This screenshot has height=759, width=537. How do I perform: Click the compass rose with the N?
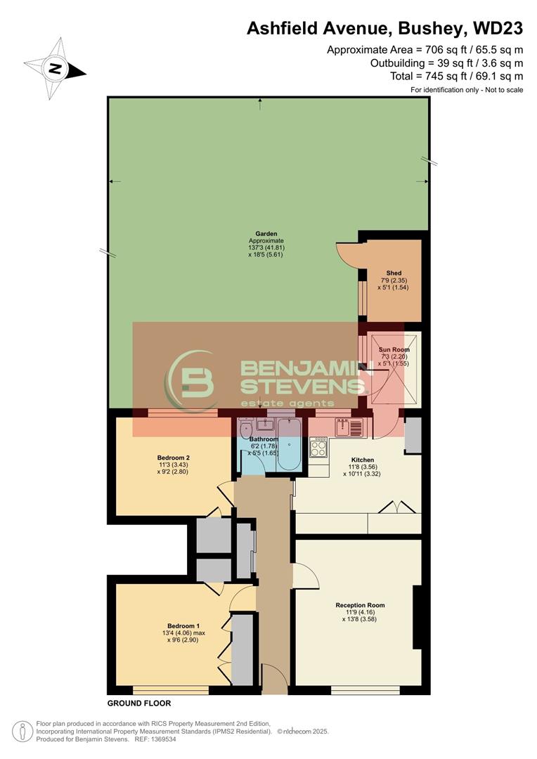(x=54, y=69)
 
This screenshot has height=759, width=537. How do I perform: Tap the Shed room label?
(x=394, y=273)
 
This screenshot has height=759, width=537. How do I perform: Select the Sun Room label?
(x=394, y=349)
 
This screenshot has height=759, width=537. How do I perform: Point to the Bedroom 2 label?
(x=174, y=457)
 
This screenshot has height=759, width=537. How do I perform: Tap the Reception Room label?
(x=360, y=605)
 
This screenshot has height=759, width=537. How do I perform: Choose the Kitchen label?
(x=362, y=460)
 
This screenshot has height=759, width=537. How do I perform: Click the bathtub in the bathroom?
(x=288, y=444)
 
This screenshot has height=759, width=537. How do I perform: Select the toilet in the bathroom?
(x=245, y=429)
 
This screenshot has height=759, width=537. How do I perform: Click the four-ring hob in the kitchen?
(x=318, y=447)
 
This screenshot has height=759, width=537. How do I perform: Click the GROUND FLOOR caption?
(x=138, y=703)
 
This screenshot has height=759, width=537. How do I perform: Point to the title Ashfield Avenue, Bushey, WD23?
(x=384, y=29)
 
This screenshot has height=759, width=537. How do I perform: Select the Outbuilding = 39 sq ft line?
(x=446, y=63)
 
